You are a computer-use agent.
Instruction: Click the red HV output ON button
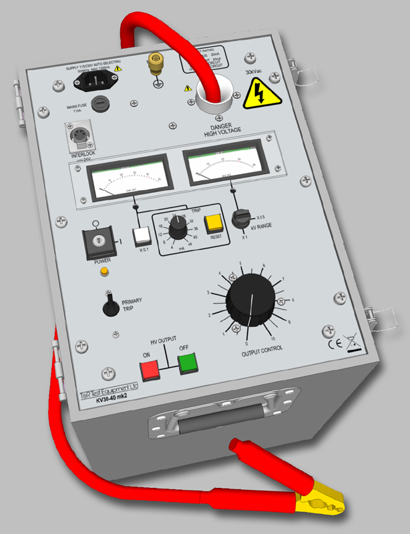tap(149, 368)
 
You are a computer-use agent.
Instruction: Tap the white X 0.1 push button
tap(142, 235)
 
